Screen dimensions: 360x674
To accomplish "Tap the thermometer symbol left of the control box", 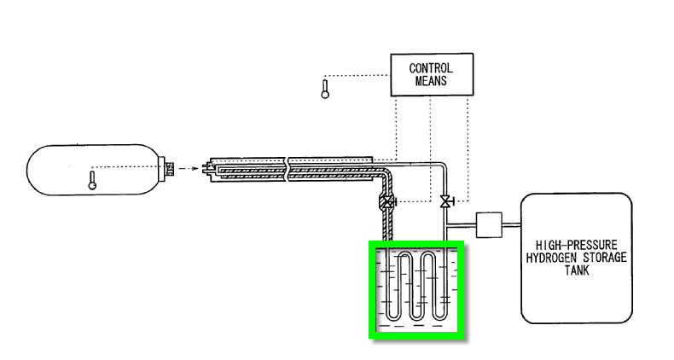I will [324, 89].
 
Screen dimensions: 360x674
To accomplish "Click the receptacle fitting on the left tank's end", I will [169, 167].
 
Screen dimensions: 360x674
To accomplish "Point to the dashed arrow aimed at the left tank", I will [191, 168].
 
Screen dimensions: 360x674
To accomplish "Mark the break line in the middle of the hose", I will [288, 168].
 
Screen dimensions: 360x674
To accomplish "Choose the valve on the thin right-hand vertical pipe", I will [444, 202].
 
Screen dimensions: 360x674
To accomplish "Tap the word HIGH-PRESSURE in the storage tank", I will [578, 243].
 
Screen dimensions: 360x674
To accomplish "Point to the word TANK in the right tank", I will [578, 270].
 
